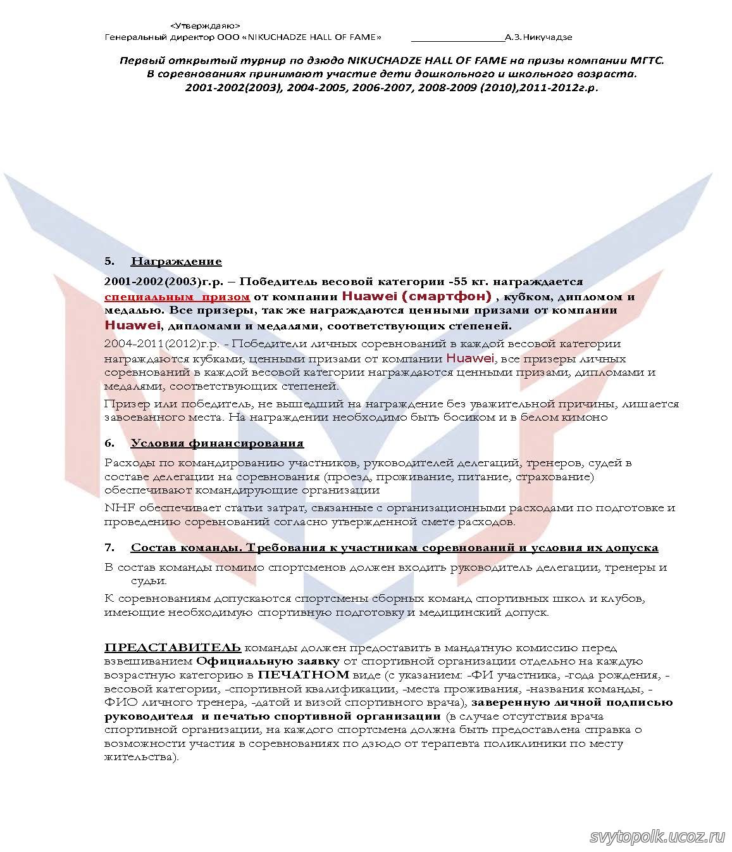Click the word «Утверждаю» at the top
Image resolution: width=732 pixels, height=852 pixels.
coord(205,25)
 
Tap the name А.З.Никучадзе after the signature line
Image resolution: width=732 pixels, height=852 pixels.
coord(538,37)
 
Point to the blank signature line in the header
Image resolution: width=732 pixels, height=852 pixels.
coord(457,38)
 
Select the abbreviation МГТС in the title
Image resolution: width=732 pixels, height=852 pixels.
coord(645,60)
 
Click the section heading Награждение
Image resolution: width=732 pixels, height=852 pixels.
coord(176,261)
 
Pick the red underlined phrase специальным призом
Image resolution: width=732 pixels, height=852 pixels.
coord(177,296)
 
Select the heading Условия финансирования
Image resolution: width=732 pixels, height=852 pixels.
coord(217,443)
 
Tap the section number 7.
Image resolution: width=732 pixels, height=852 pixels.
coord(109,547)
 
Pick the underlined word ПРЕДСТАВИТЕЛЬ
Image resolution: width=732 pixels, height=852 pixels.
coord(173,647)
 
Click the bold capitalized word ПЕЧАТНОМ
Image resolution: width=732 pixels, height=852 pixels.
coord(304,675)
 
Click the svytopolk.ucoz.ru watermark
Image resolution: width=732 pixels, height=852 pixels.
coord(657,837)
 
